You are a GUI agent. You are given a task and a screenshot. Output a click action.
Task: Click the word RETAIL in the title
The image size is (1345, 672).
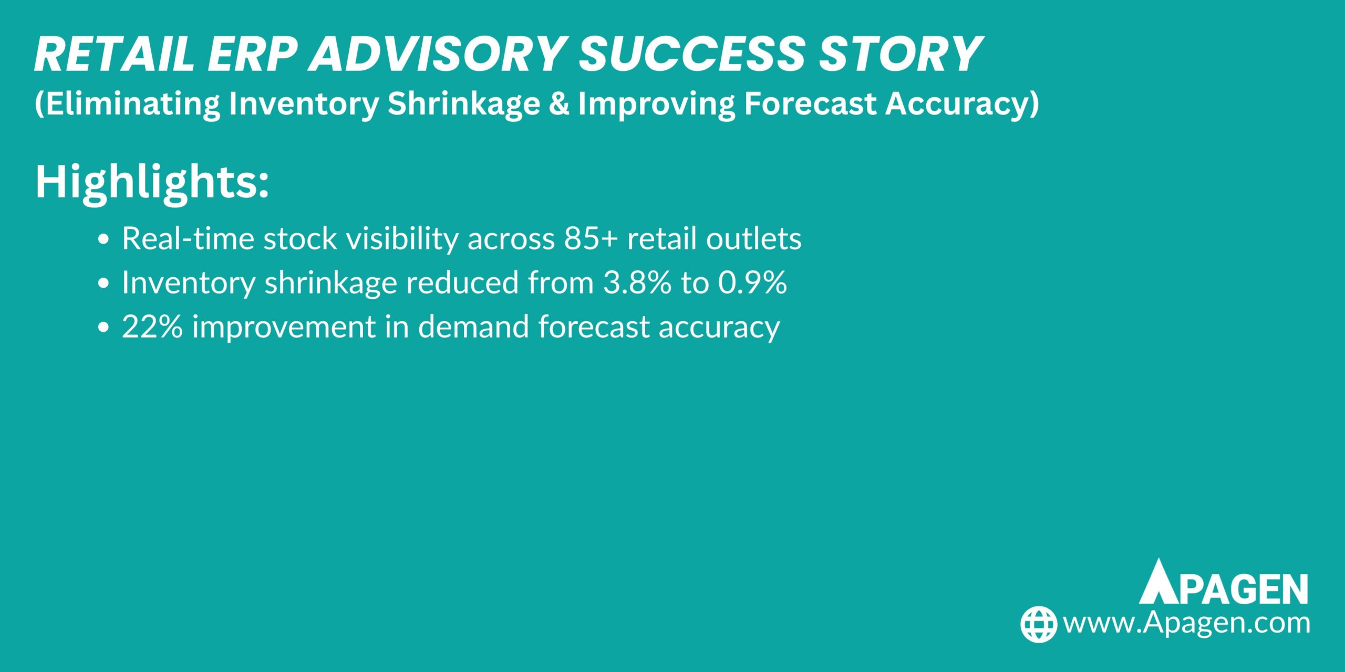coord(113,55)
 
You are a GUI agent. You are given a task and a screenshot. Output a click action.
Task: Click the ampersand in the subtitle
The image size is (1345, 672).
coord(559,103)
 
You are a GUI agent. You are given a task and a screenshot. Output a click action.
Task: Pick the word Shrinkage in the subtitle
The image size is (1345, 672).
coord(464,104)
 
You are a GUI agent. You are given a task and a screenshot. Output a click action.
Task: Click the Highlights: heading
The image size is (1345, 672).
coord(152,183)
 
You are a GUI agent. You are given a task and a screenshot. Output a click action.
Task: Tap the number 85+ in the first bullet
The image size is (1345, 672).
coord(591,239)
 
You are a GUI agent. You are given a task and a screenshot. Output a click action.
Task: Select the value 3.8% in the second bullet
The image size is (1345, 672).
coord(637,283)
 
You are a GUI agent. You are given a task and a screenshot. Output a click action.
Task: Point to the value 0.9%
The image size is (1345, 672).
coord(752,283)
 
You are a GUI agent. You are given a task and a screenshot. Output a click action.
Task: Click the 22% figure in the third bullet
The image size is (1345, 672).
coord(152,327)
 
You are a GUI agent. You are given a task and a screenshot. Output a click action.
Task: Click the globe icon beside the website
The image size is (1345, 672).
coord(1038,624)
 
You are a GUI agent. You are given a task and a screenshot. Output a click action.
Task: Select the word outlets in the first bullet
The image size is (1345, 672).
coord(753,239)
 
